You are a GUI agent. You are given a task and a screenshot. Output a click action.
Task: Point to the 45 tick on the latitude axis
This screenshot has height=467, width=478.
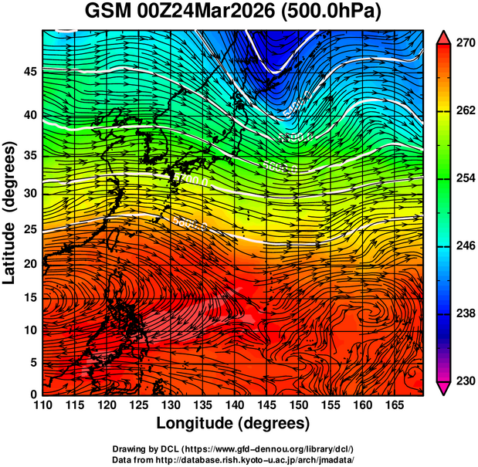(29, 72)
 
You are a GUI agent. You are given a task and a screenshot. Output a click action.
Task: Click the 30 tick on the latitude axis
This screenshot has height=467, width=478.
(29, 193)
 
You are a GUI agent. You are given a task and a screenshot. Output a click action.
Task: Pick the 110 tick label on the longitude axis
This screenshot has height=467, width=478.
(42, 404)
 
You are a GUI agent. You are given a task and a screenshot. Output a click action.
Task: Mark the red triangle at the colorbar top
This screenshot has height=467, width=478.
(443, 37)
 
